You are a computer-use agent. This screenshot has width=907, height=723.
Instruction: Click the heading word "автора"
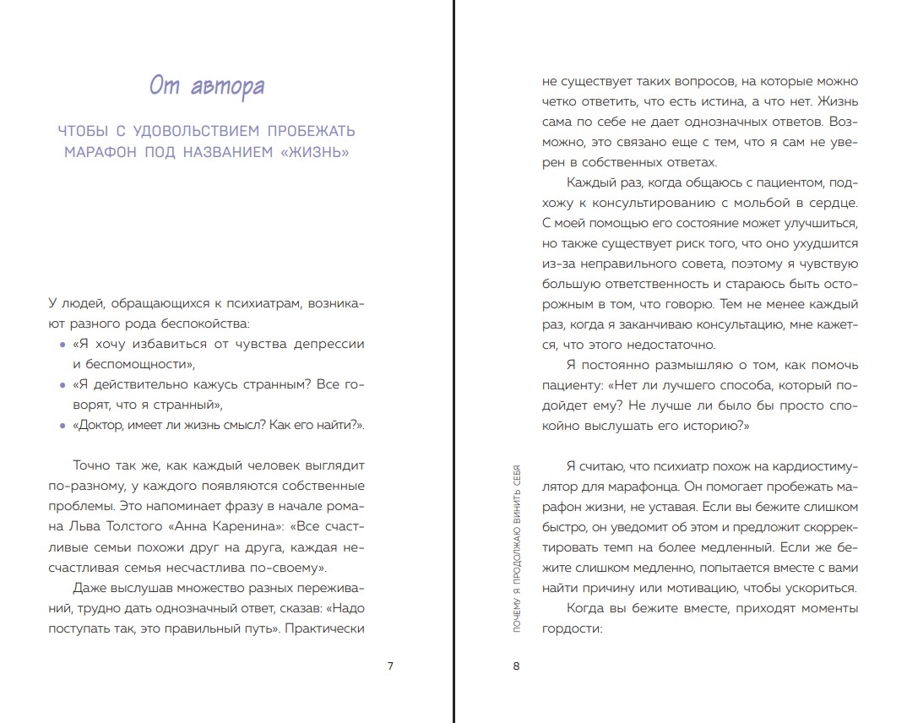[230, 86]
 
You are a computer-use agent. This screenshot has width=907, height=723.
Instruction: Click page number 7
[389, 666]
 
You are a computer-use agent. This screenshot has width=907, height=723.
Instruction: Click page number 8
[517, 666]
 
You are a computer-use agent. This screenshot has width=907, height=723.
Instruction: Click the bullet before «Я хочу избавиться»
[62, 345]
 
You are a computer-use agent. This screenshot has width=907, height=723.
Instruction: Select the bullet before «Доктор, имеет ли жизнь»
[62, 427]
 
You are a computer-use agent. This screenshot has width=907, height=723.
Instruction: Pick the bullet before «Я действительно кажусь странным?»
[62, 386]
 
